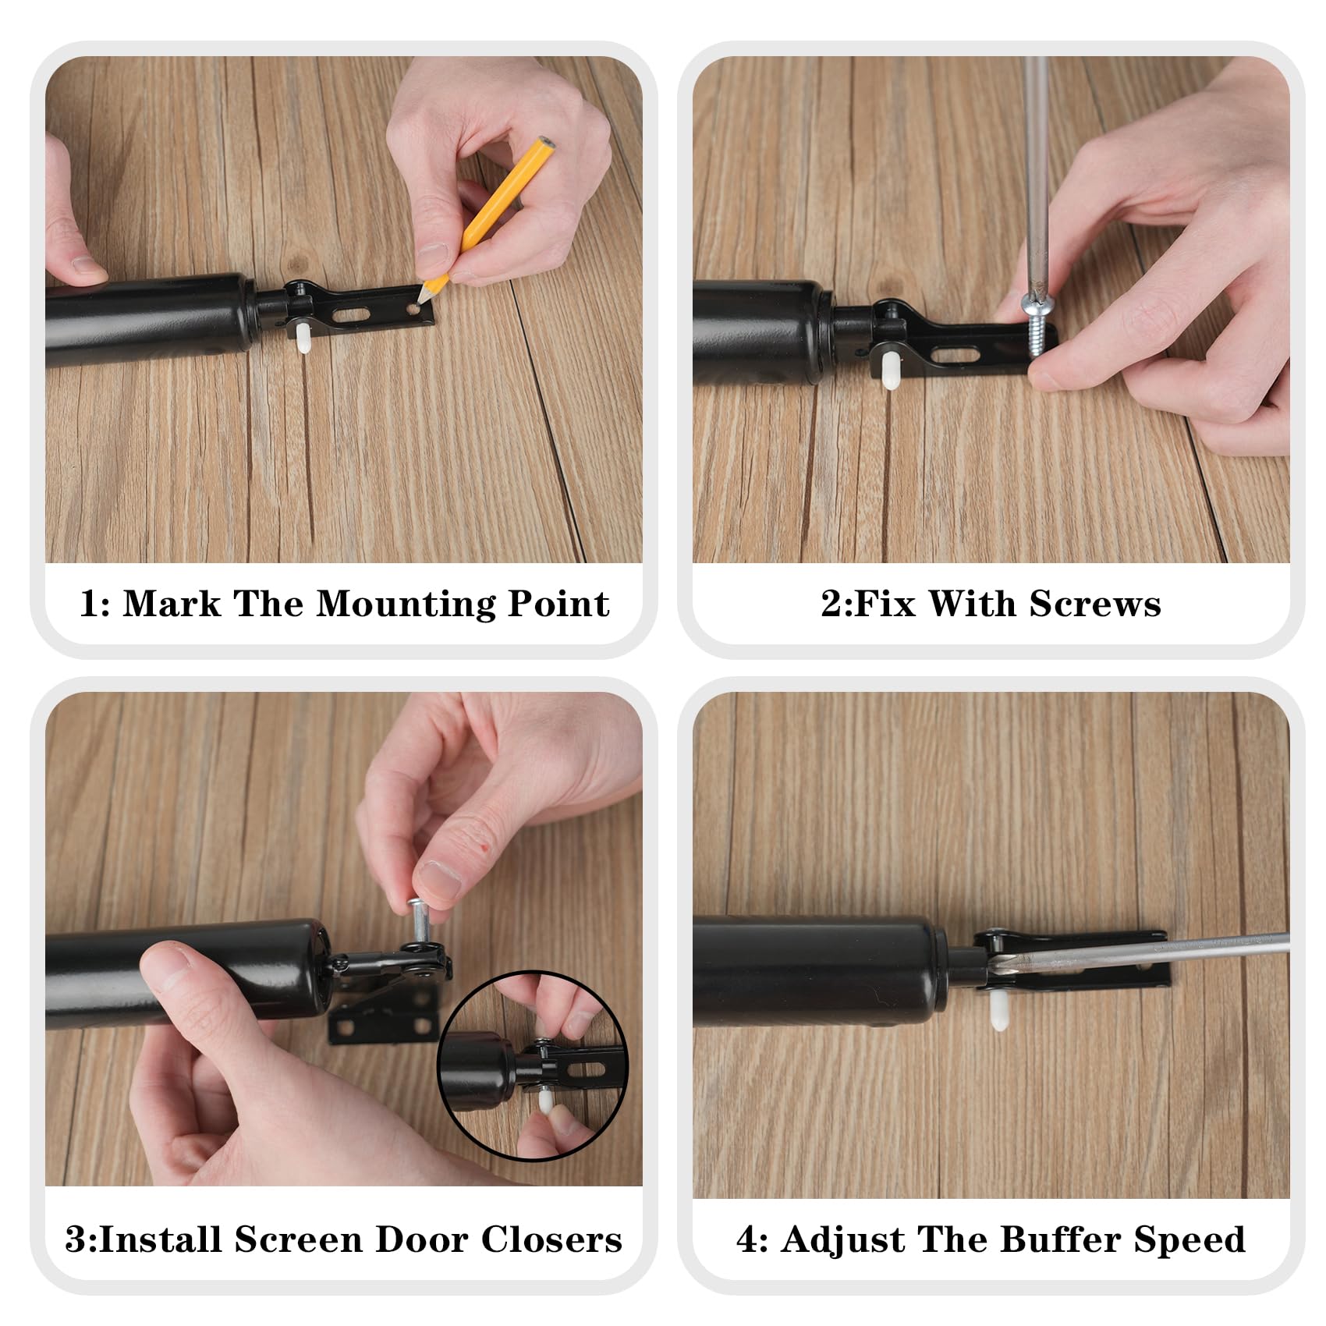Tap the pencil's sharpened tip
pyautogui.click(x=420, y=301)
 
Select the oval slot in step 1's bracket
pyautogui.click(x=352, y=316)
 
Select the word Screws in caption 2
pyautogui.click(x=1095, y=604)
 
